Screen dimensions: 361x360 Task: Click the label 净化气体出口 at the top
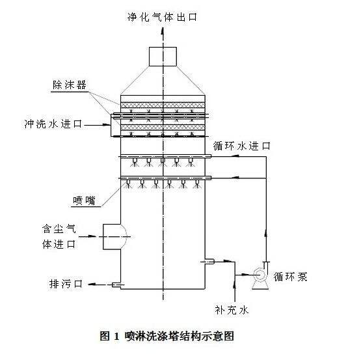163,17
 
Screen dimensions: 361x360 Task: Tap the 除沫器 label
70,85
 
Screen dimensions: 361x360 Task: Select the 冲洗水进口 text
53,124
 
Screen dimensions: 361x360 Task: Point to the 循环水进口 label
241,146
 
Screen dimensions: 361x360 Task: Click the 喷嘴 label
84,201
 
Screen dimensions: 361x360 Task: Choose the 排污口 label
66,284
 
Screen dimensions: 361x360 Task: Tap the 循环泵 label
290,276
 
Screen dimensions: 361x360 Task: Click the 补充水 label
232,310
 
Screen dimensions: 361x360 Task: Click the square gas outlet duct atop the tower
163,57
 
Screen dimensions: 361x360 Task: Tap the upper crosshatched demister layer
163,105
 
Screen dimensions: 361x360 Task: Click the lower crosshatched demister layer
163,127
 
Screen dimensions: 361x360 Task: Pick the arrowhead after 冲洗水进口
107,125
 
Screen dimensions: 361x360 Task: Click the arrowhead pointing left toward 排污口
92,284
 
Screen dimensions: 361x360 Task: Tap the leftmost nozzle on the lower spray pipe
128,182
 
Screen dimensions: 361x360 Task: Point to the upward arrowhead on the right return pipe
267,233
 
